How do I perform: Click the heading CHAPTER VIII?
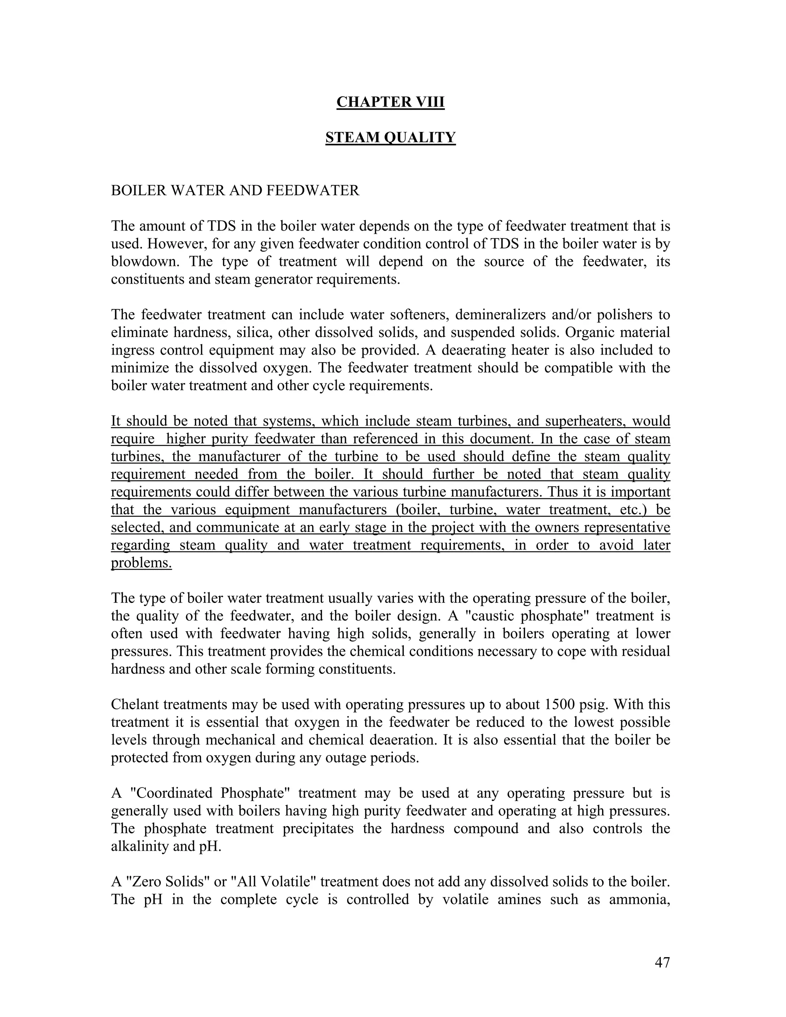390,102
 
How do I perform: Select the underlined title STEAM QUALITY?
390,137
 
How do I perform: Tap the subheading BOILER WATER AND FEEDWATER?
235,190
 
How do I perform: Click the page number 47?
662,962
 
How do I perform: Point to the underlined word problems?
141,563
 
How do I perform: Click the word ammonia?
639,899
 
